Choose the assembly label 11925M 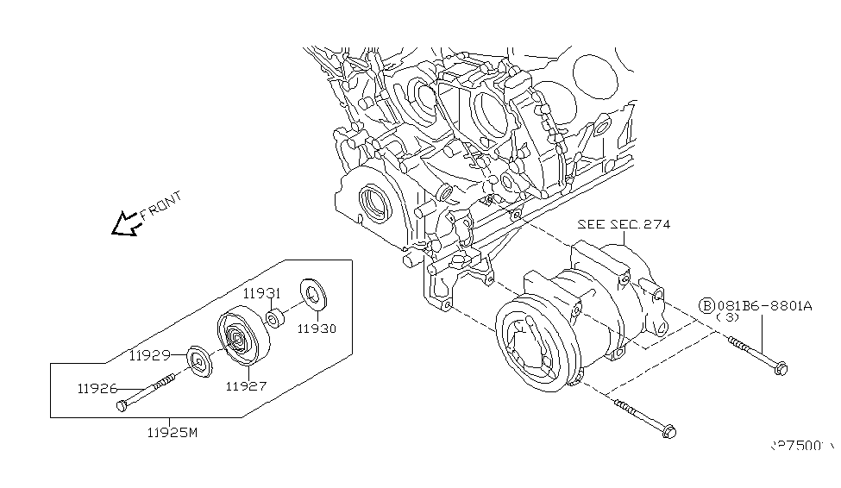tap(172, 432)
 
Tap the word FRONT tap(162, 208)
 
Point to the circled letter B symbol tap(706, 305)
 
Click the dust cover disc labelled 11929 tap(198, 362)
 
